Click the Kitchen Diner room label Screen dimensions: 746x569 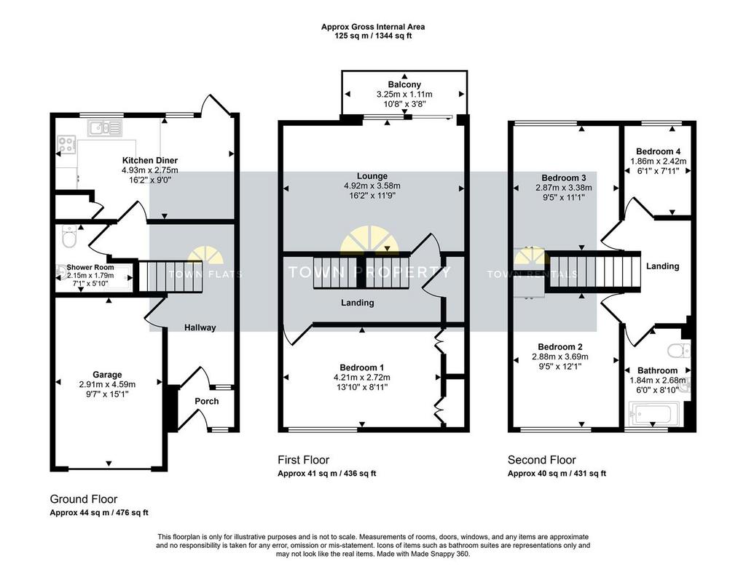[150, 160]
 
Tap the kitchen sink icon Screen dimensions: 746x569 [105, 127]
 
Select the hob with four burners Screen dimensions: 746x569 [66, 144]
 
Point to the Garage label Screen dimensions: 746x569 [107, 375]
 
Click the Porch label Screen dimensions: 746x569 [206, 401]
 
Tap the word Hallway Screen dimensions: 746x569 [200, 327]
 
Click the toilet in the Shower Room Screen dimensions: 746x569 [69, 236]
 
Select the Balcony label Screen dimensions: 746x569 [404, 84]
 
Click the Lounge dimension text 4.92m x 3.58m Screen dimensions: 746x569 [372, 186]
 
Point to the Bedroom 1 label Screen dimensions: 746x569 [361, 367]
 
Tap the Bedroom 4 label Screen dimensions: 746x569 [655, 151]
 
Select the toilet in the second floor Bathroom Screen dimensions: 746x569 [679, 350]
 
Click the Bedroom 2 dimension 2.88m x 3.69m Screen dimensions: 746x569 [560, 357]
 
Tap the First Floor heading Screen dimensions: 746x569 [304, 460]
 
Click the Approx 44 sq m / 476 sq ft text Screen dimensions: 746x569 [99, 513]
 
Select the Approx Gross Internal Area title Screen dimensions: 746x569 [373, 27]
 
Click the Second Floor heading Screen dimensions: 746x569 [541, 460]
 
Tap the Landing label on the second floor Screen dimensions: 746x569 [662, 266]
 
